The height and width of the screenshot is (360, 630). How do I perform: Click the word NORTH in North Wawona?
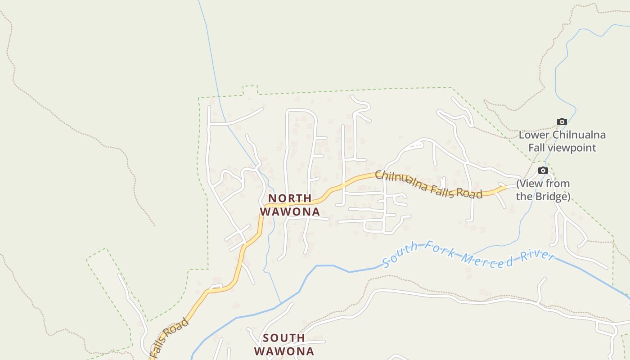click(290, 198)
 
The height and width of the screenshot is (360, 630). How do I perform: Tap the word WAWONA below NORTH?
click(290, 211)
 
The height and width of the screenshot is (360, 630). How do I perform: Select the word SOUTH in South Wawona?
click(284, 337)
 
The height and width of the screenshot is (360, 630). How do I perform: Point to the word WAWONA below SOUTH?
click(284, 351)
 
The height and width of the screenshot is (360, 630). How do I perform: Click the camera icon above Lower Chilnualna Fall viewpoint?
click(562, 121)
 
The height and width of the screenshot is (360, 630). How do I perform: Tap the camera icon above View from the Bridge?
click(543, 170)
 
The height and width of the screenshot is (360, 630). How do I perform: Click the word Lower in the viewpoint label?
click(534, 135)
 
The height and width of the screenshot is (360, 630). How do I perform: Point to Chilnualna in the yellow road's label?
click(399, 180)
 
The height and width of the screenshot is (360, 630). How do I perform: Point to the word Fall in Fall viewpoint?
click(537, 148)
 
